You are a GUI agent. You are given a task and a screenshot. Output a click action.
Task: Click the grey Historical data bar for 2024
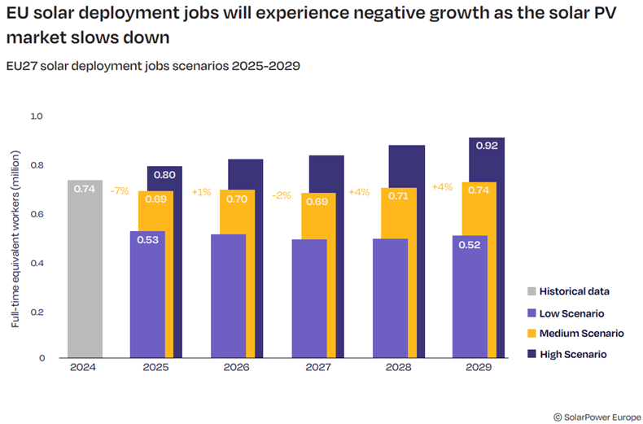[x=85, y=269]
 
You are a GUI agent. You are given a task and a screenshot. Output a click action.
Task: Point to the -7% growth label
[x=120, y=191]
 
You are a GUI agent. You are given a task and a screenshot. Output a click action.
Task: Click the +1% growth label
[x=201, y=192]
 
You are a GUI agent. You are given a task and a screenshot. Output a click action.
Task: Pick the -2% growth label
[x=282, y=195]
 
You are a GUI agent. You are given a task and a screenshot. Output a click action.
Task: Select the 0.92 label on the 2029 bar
[x=487, y=146]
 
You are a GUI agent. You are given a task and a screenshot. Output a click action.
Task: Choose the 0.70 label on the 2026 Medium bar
[x=237, y=198]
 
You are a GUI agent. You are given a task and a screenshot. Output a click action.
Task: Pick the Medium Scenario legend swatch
[x=532, y=334]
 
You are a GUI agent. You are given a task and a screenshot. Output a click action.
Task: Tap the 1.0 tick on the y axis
[x=36, y=116]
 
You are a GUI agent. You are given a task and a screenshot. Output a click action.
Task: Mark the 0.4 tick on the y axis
[x=36, y=263]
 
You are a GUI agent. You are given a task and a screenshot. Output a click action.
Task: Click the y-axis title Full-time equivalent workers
[x=15, y=237]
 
